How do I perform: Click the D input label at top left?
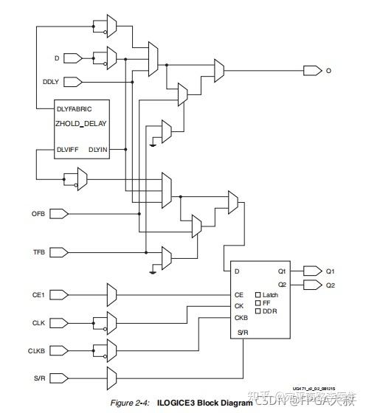click(57, 57)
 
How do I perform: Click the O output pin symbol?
click(312, 71)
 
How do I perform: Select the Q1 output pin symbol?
click(312, 271)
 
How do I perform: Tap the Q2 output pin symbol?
click(312, 285)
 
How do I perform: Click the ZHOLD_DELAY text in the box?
click(82, 124)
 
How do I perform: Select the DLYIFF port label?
click(70, 150)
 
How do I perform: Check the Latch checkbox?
click(258, 295)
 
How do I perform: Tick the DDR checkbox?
click(258, 311)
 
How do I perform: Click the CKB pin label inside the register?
click(241, 319)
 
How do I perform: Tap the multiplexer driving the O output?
click(219, 71)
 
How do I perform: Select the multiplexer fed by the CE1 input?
click(111, 296)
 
